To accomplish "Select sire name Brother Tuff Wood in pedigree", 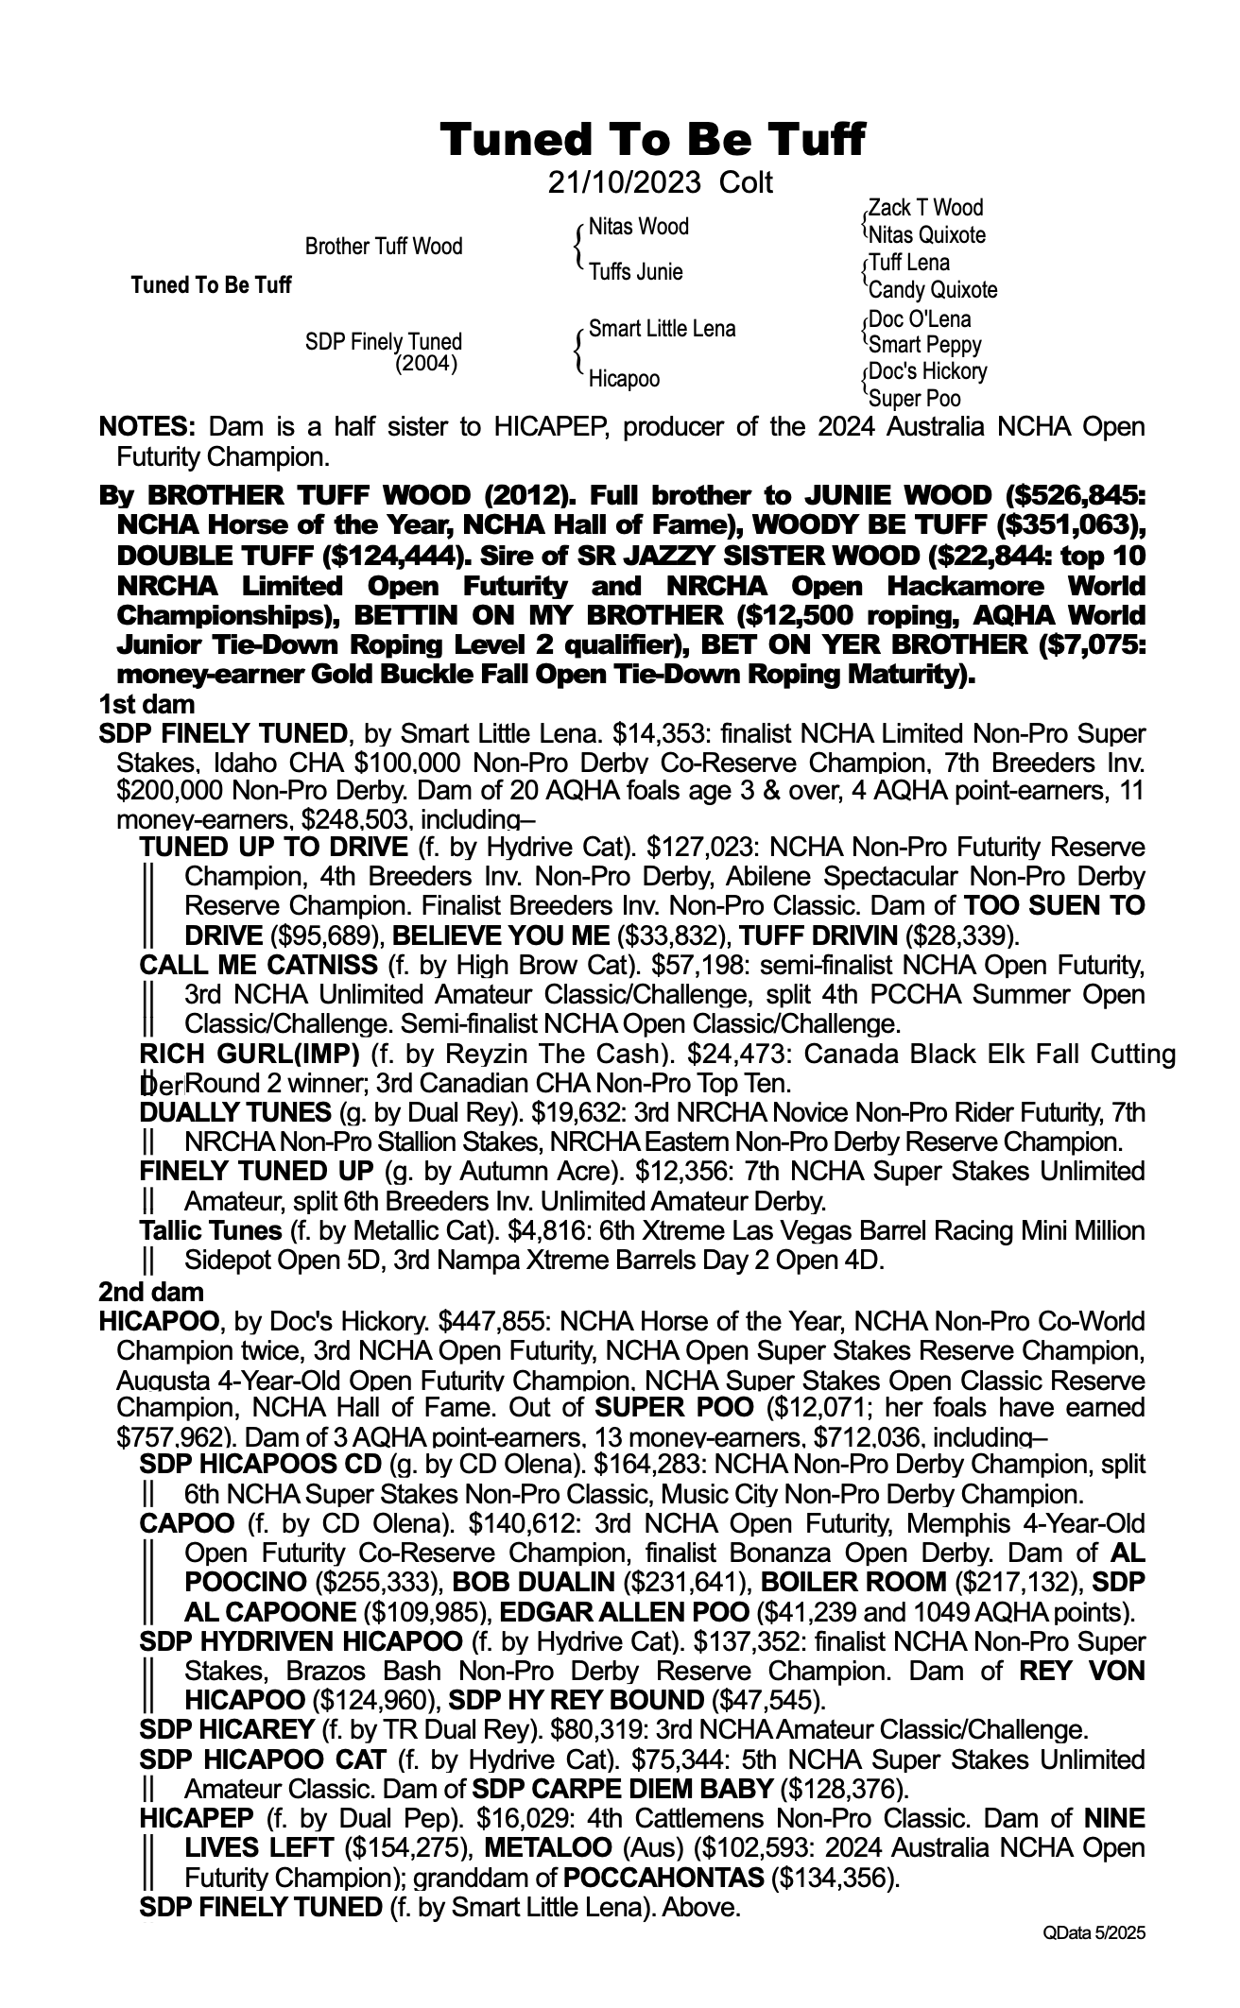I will point(384,247).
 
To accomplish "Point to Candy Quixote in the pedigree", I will point(932,290).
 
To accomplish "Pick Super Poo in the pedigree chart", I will point(914,399).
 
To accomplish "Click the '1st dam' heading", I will point(146,704).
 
